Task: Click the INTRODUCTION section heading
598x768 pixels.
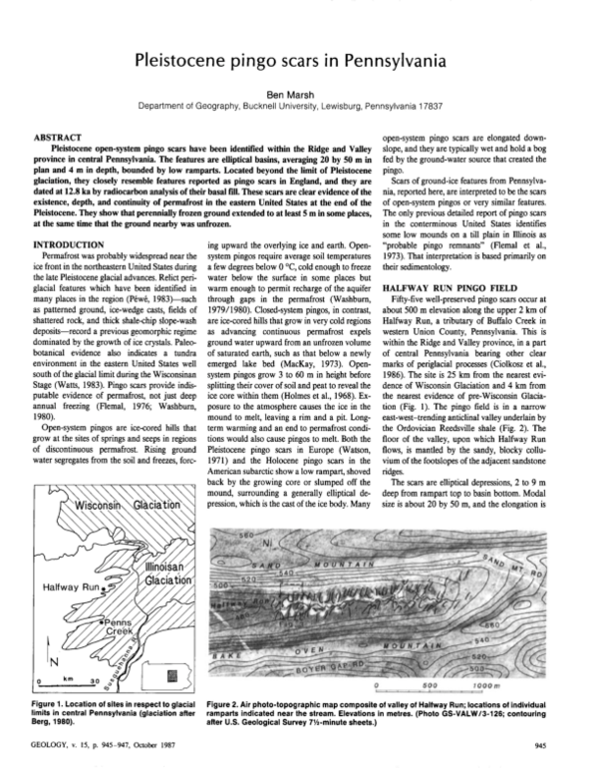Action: [76, 243]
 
